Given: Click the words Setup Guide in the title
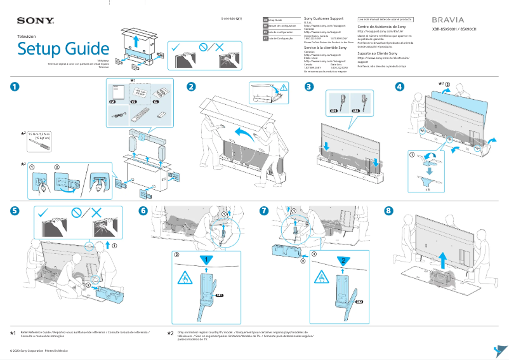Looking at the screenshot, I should coord(63,49).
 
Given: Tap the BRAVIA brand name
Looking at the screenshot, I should coord(448,20).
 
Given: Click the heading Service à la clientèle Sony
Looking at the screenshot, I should coord(326,48).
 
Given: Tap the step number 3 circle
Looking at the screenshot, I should coord(309,87).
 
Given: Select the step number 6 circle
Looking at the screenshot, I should coord(143,211).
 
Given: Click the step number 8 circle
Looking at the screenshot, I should coord(389,211).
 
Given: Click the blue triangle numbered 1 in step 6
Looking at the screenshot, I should coord(204,260).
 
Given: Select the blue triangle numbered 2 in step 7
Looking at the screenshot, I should coord(341,260).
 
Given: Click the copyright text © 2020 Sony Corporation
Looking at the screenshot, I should coord(35,350).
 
